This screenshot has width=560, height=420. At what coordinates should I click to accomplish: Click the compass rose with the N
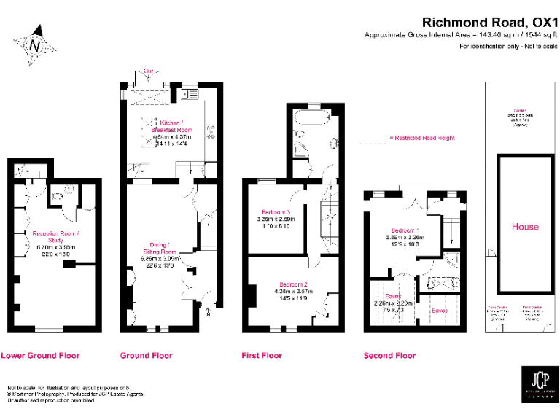pos(34,45)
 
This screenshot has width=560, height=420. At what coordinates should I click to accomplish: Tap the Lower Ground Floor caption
pos(40,356)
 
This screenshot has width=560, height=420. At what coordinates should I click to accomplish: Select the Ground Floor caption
pos(146,356)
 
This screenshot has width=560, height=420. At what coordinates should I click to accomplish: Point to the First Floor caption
pos(262,356)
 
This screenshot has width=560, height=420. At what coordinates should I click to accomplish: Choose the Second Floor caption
pos(389,356)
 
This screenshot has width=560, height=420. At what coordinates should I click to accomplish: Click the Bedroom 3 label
pos(274,211)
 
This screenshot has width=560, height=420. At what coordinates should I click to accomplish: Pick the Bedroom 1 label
pos(402,228)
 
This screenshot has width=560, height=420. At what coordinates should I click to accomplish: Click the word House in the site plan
pos(525,227)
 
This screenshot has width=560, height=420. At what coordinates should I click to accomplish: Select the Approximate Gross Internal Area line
pos(461,34)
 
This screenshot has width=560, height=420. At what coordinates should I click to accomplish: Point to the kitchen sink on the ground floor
pos(191,93)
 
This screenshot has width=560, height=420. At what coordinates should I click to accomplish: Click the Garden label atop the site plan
pos(520,110)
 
